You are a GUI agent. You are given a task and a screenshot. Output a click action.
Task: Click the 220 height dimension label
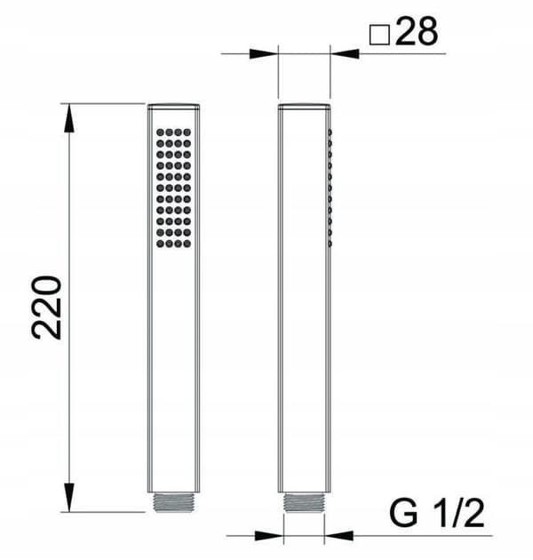(x=47, y=308)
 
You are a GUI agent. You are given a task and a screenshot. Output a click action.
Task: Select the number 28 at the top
(x=417, y=31)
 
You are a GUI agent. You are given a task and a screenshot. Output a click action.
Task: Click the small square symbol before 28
(x=379, y=35)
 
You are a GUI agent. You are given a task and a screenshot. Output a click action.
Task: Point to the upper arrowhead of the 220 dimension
(x=69, y=118)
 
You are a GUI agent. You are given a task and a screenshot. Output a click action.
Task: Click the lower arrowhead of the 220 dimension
(x=69, y=497)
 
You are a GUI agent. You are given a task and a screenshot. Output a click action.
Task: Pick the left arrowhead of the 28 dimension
(x=264, y=54)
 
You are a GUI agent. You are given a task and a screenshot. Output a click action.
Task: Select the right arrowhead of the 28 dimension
(x=345, y=54)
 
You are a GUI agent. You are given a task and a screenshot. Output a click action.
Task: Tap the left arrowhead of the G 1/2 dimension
(x=269, y=536)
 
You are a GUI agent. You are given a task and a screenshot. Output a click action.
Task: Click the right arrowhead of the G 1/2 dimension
(x=338, y=536)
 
